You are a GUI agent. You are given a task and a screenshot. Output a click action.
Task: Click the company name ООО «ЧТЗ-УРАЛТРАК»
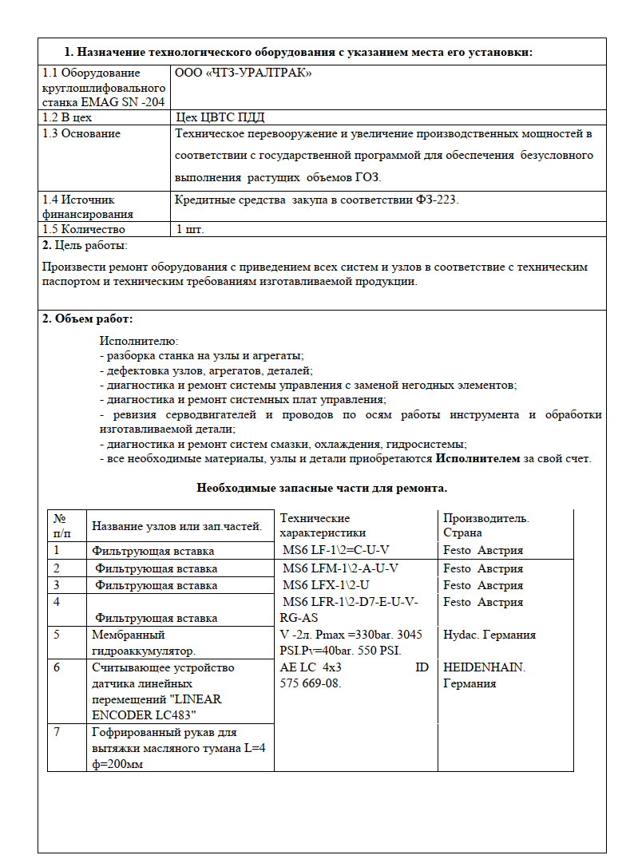(x=243, y=73)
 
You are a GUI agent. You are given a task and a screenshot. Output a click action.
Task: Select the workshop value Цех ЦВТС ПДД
(x=220, y=117)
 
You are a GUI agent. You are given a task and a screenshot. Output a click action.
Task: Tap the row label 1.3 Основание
(x=81, y=133)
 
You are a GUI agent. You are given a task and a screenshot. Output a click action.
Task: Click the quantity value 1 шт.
(x=191, y=229)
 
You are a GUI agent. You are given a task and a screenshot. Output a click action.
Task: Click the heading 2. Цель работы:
(x=85, y=245)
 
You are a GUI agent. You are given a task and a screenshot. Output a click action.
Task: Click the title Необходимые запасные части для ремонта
(x=322, y=488)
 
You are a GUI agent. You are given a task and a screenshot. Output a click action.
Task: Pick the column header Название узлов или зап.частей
(x=177, y=525)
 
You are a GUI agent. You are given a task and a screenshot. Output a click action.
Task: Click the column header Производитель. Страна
(x=486, y=525)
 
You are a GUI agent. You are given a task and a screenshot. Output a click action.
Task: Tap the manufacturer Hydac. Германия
(x=489, y=635)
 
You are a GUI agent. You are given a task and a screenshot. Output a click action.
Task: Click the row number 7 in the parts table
(x=57, y=732)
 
